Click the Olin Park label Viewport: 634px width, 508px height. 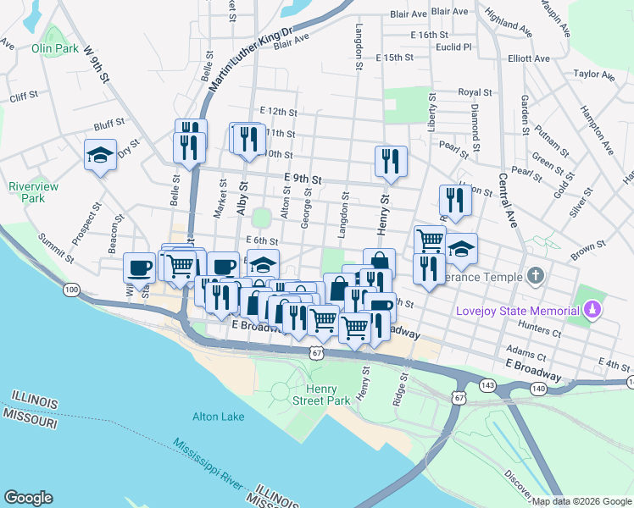pyautogui.click(x=55, y=48)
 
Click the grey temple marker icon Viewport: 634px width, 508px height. pyautogui.click(x=535, y=276)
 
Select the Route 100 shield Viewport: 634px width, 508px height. pyautogui.click(x=72, y=290)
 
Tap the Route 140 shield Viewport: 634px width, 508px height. pyautogui.click(x=539, y=386)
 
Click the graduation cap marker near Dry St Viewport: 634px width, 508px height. pyautogui.click(x=100, y=155)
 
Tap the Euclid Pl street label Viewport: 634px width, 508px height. pyautogui.click(x=453, y=47)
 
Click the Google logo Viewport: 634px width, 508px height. pyautogui.click(x=28, y=498)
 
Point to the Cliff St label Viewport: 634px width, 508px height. pyautogui.click(x=23, y=97)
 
